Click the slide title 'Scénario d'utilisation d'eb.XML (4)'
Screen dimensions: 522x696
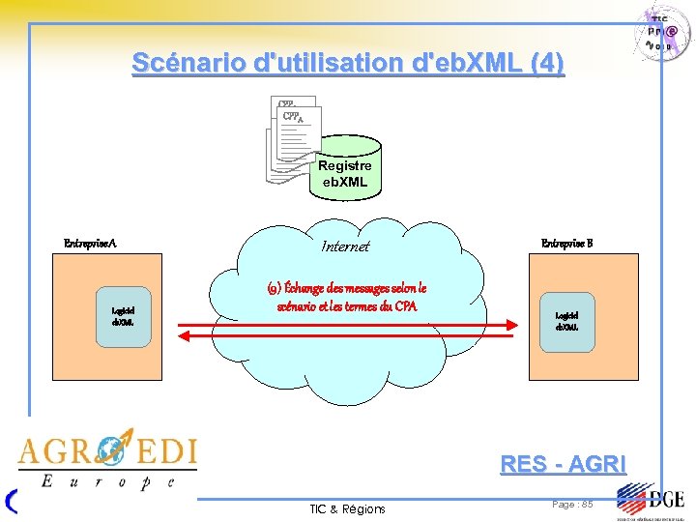click(348, 64)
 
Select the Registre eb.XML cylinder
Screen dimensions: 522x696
click(345, 172)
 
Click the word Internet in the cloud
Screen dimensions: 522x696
click(345, 246)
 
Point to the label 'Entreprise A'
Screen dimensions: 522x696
click(90, 244)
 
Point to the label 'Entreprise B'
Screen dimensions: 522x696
click(567, 243)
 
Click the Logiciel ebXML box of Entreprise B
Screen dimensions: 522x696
click(567, 320)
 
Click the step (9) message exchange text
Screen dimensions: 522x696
click(345, 297)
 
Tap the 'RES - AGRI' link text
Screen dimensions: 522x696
click(563, 464)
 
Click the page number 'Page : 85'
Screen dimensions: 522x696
click(572, 504)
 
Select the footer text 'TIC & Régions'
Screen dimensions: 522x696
click(347, 508)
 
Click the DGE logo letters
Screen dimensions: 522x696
click(666, 500)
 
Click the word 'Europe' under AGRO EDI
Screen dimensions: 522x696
click(107, 480)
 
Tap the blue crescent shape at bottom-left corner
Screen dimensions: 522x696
click(11, 501)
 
